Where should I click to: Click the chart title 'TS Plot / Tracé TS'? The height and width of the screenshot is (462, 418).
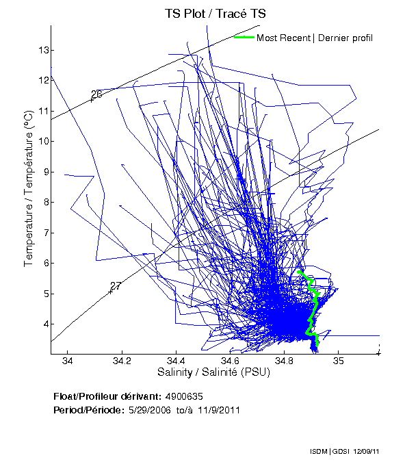coord(215,13)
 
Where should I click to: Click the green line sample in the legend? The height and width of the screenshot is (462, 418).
coord(244,37)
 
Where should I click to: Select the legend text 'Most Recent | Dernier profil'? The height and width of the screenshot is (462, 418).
coord(315,38)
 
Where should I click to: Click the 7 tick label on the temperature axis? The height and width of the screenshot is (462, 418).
coord(44,233)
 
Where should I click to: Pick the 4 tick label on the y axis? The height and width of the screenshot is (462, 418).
coord(44,324)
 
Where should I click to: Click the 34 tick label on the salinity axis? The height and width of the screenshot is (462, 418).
coord(68,361)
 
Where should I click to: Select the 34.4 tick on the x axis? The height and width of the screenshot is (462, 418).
coord(175,361)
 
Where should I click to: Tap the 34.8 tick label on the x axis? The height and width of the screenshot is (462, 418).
coord(283,361)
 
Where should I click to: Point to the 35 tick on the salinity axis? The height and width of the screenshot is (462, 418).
coord(337,361)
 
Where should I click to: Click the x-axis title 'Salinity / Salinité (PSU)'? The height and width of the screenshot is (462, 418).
coord(215,372)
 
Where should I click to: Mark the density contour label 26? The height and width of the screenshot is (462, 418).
coord(96,94)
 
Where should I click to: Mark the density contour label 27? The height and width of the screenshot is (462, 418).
coord(116,286)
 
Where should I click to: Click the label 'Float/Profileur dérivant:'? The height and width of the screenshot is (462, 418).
coord(107,396)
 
